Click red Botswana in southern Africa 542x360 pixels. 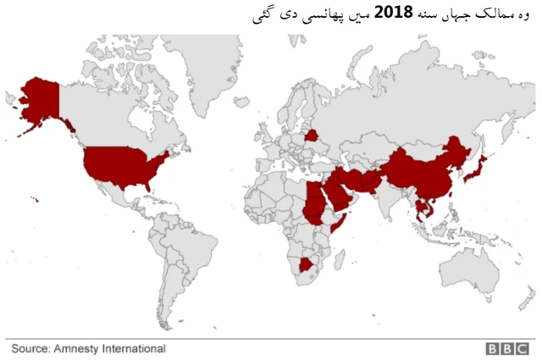307,266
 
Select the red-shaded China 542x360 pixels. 423,169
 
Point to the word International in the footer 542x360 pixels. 135,348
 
